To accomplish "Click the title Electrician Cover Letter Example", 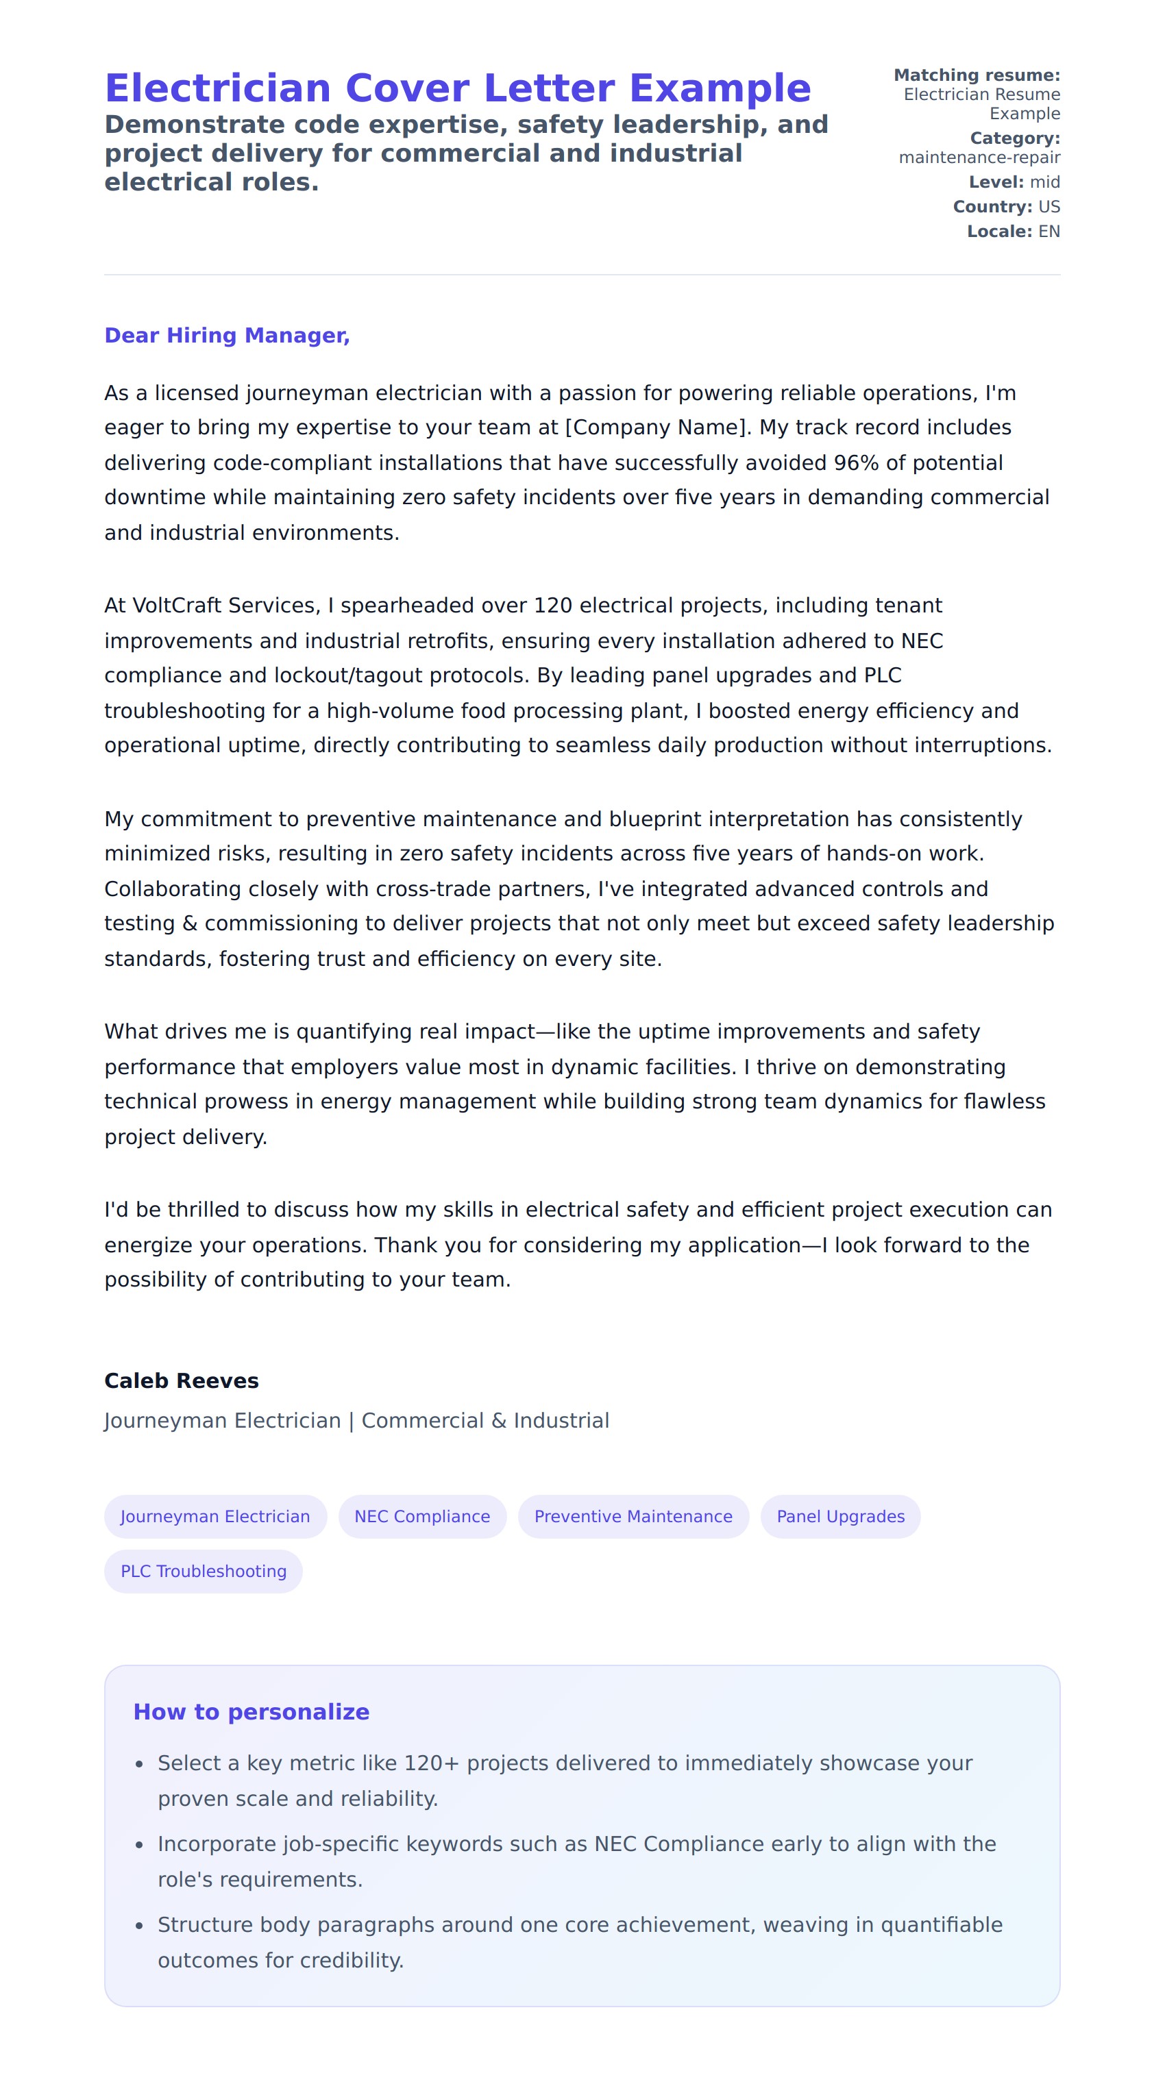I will coord(457,88).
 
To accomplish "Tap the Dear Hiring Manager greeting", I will coord(227,336).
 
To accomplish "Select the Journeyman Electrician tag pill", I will coord(215,1516).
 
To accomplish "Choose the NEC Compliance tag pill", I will coord(422,1516).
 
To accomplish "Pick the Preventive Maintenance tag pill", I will coord(633,1516).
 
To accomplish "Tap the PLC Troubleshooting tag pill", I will coord(203,1571).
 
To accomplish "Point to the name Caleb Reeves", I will coord(181,1381).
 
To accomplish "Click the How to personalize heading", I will coord(252,1712).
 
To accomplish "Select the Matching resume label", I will coord(977,75).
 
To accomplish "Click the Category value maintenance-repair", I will coord(979,158).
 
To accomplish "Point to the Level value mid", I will coord(1044,183).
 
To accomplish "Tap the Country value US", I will coord(1048,207).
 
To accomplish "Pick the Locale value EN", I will coord(1048,232).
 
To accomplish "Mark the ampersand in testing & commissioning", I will coord(189,923).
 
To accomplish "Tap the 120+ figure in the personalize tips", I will coord(431,1763).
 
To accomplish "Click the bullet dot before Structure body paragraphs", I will coord(139,1926).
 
